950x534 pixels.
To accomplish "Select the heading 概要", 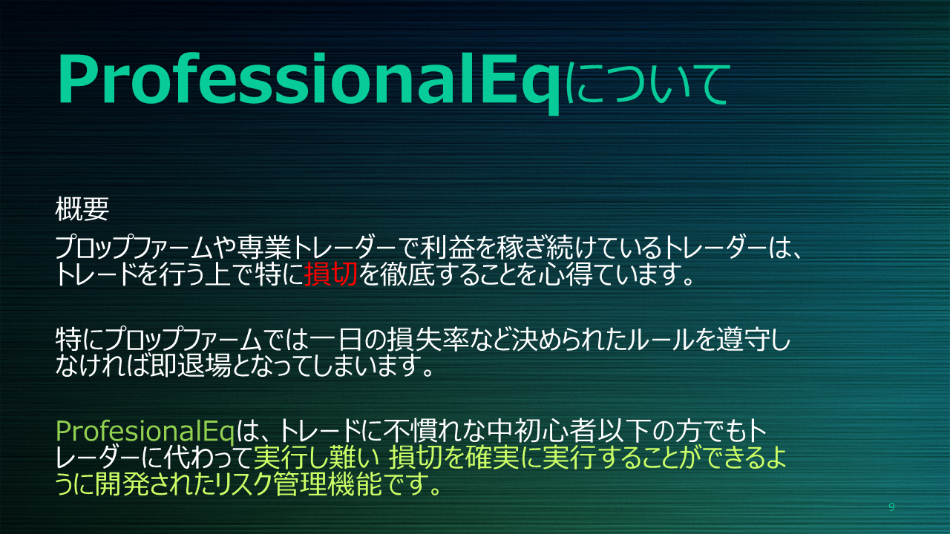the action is pyautogui.click(x=82, y=209).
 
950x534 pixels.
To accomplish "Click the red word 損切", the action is pyautogui.click(x=331, y=274).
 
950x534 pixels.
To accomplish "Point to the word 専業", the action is pyautogui.click(x=264, y=247).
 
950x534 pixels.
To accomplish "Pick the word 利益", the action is pyautogui.click(x=447, y=247).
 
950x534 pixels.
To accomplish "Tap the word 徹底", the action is pyautogui.click(x=407, y=274).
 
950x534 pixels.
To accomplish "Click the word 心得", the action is pyautogui.click(x=566, y=274).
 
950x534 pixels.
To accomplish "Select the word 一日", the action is pyautogui.click(x=336, y=339).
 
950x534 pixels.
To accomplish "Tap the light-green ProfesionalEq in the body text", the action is pyautogui.click(x=145, y=432).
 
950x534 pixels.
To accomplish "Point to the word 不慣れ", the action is pyautogui.click(x=421, y=431).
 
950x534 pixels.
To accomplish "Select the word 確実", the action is pyautogui.click(x=492, y=458).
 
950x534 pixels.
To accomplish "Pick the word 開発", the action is pyautogui.click(x=122, y=484).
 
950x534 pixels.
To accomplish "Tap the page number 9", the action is pyautogui.click(x=891, y=507).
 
